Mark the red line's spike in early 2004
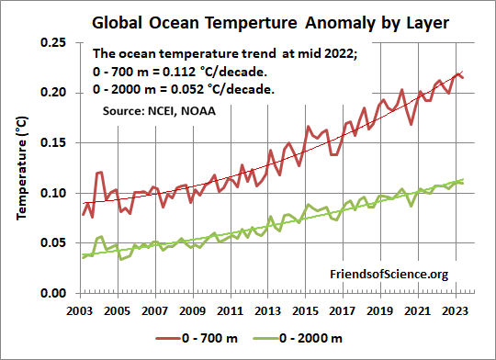pos(99,173)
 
